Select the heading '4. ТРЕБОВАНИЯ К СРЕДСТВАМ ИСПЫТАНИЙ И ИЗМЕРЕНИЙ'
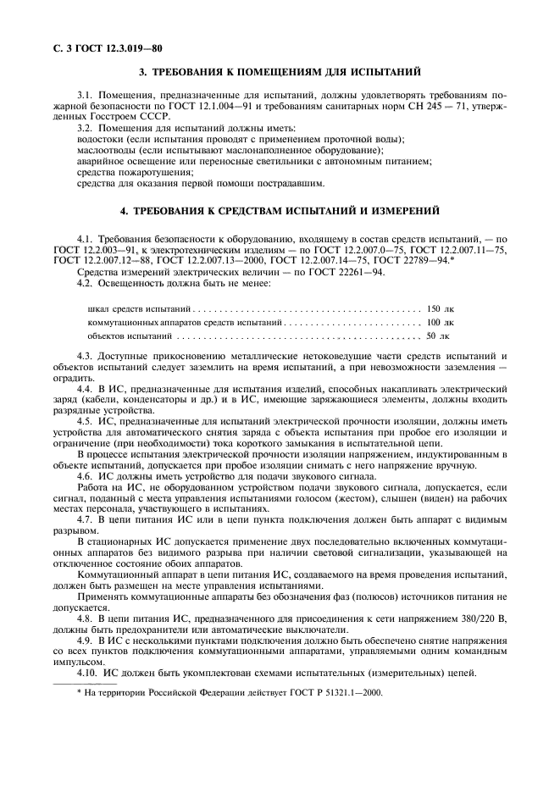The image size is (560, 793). (x=280, y=209)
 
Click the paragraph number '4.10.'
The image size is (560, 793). (x=88, y=672)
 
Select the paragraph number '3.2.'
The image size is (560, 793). (x=86, y=128)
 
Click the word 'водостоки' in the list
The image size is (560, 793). (x=100, y=139)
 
